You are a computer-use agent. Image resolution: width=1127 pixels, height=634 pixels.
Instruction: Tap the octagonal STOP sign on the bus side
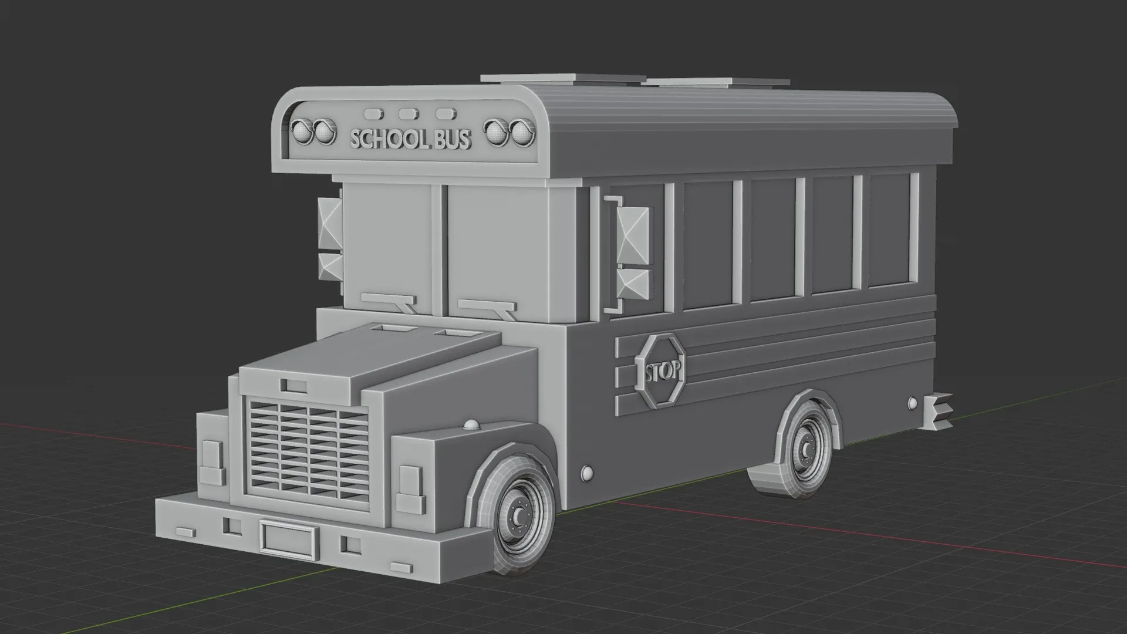662,370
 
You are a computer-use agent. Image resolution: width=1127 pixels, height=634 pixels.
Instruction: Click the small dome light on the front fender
471,424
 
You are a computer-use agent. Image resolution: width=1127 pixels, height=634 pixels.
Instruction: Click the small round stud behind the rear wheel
912,403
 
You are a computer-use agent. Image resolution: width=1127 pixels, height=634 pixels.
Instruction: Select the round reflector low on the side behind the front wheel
586,473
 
